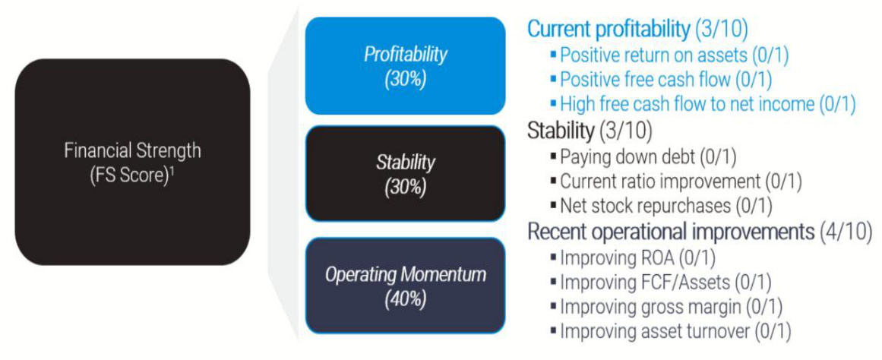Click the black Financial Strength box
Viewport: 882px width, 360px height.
click(132, 162)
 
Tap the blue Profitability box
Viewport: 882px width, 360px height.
click(405, 66)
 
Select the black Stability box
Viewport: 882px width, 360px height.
click(405, 173)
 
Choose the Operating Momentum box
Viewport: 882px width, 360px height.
click(405, 286)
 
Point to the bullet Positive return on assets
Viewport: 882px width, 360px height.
click(670, 55)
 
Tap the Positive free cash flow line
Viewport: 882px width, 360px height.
click(662, 79)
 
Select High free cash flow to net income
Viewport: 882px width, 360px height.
click(703, 104)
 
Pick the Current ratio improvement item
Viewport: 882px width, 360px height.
click(677, 182)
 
